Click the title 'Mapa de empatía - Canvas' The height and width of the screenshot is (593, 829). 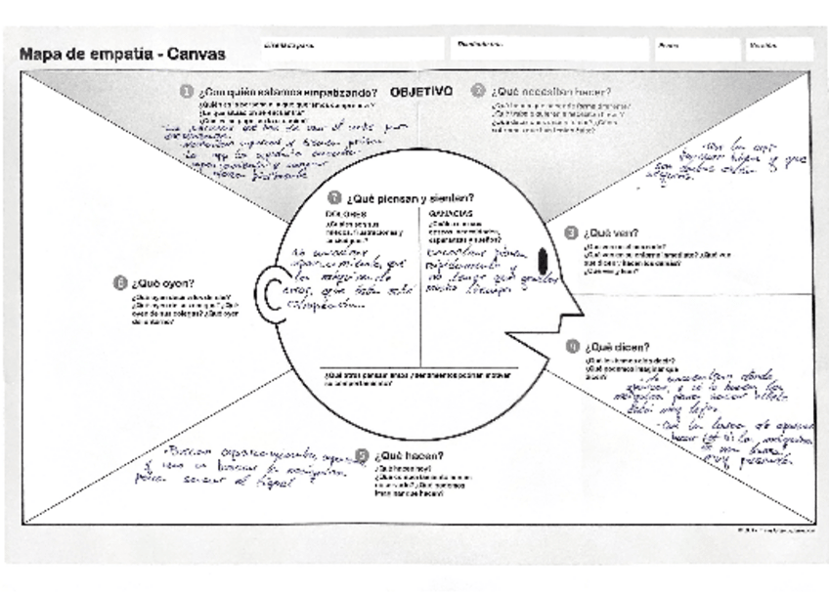click(122, 54)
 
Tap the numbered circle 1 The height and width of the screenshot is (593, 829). click(186, 91)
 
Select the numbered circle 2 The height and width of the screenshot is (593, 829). click(478, 90)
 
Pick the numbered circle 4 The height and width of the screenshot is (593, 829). click(573, 346)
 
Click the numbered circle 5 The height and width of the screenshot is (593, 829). click(363, 455)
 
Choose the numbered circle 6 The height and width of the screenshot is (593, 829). click(119, 283)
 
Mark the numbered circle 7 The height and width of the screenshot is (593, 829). click(334, 196)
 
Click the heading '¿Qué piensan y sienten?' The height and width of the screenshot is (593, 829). click(410, 197)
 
